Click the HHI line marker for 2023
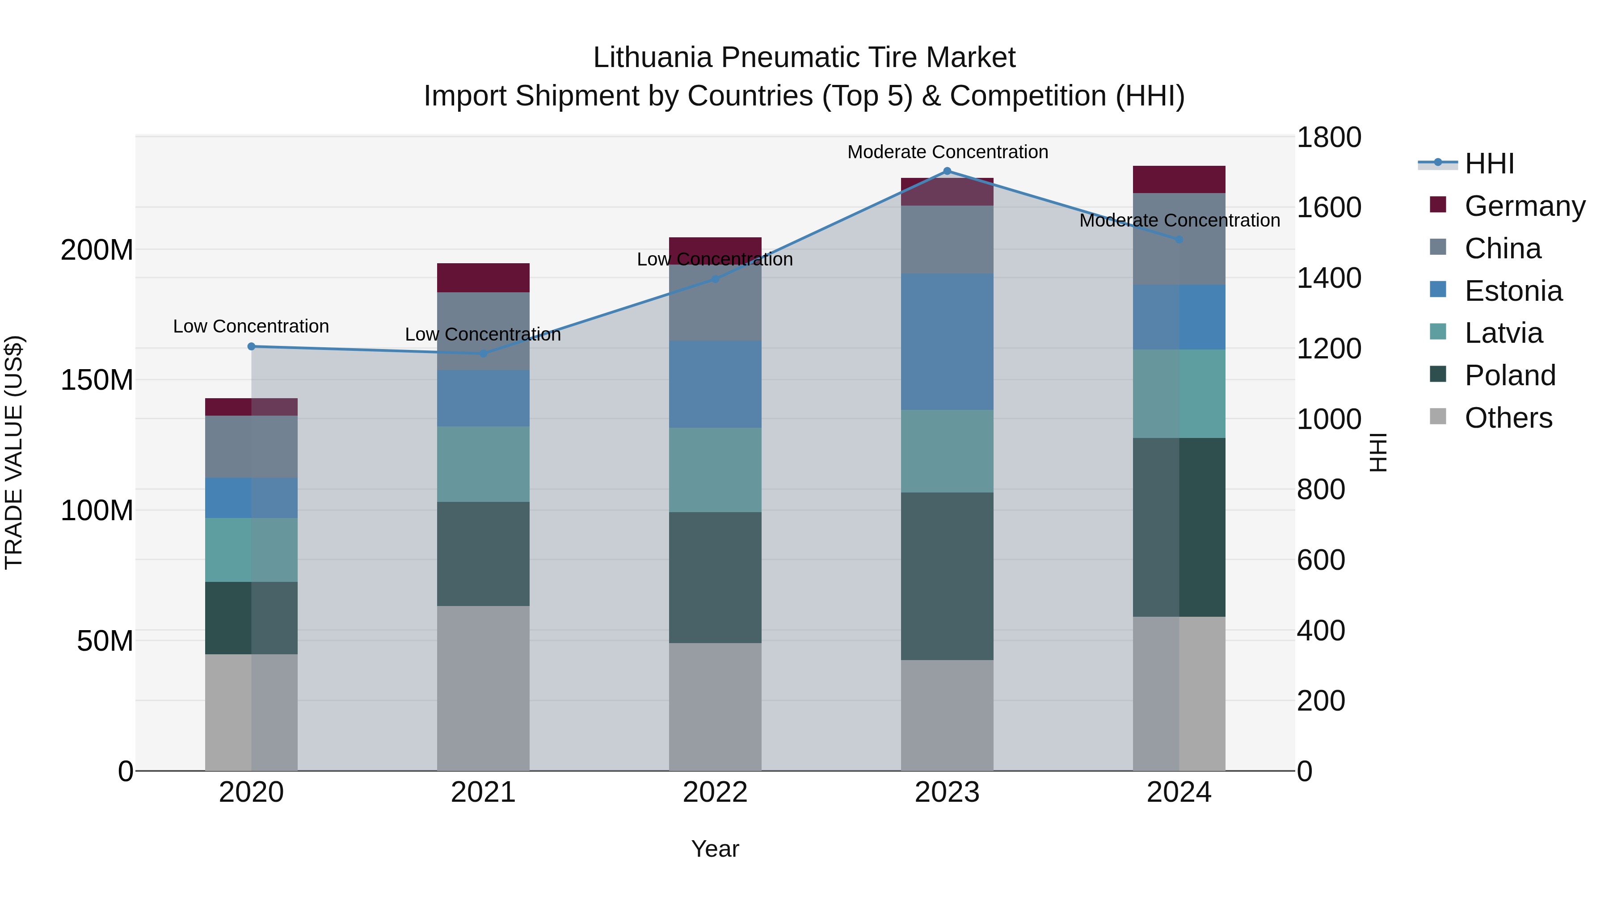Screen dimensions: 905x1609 (x=947, y=171)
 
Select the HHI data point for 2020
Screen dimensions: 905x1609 (x=252, y=347)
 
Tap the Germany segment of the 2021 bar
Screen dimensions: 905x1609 (x=483, y=278)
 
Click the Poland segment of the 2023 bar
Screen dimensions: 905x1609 (x=947, y=576)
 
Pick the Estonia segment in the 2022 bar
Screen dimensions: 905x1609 (x=715, y=384)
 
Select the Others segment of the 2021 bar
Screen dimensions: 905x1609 (x=483, y=688)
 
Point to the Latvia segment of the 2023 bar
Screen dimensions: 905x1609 (x=947, y=451)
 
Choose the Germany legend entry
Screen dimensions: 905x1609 (x=1524, y=206)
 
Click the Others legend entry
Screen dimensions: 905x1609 (x=1508, y=418)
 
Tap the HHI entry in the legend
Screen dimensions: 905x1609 (x=1489, y=164)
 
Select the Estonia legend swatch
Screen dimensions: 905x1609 (x=1438, y=290)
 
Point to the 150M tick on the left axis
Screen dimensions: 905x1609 (x=97, y=380)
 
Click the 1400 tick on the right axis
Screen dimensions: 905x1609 (x=1329, y=278)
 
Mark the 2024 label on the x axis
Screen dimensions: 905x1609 (x=1179, y=792)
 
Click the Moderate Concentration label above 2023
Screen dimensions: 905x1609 (x=947, y=152)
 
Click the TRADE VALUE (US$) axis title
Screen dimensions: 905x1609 (x=14, y=452)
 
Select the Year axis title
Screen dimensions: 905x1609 (x=715, y=849)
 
